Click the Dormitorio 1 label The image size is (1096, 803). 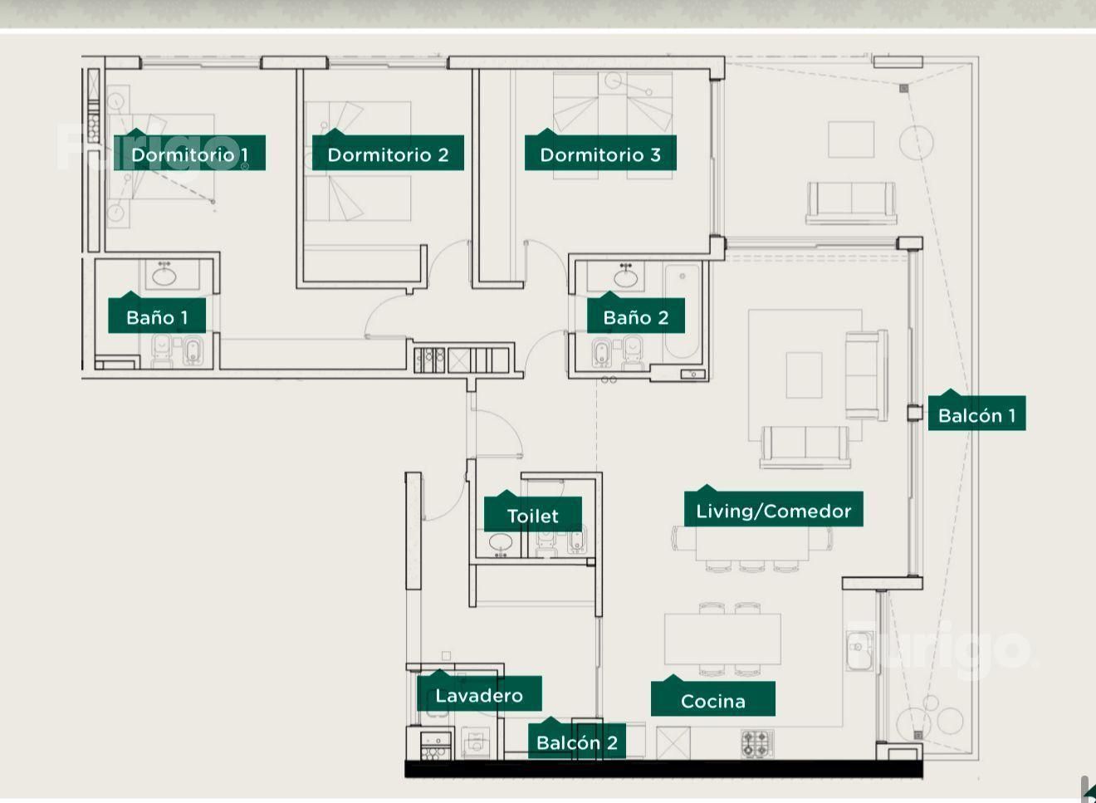point(190,153)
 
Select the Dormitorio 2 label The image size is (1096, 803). point(388,153)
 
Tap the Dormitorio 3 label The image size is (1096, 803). point(600,153)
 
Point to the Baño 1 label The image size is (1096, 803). point(157,316)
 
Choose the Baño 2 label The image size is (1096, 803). point(635,316)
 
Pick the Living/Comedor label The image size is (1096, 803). point(774,509)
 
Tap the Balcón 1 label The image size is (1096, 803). point(976,413)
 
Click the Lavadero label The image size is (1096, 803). point(479,693)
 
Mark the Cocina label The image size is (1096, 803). point(713,698)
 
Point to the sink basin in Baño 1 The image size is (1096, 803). point(164,277)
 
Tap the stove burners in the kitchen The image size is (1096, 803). point(757,744)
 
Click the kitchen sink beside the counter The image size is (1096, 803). point(859,650)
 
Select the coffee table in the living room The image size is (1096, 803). point(804,375)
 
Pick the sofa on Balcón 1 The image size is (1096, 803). point(851,203)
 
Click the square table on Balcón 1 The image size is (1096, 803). point(851,140)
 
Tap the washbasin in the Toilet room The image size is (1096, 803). point(501,543)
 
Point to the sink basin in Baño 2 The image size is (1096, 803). point(626,278)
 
